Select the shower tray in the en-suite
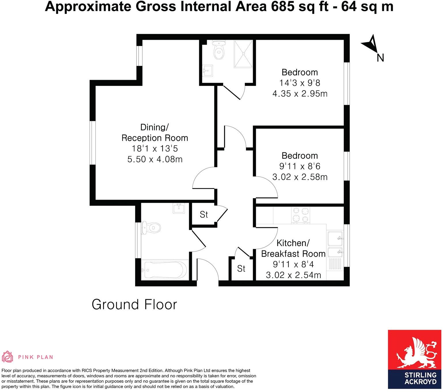click(x=244, y=54)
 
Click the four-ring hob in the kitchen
click(x=300, y=215)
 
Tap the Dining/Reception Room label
click(x=155, y=132)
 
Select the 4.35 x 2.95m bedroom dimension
click(x=300, y=94)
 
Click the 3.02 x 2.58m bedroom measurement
click(x=300, y=177)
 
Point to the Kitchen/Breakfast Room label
click(x=293, y=248)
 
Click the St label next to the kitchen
click(x=241, y=269)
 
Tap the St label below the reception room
click(x=204, y=215)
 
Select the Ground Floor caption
click(x=134, y=304)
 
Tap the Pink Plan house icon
click(x=8, y=357)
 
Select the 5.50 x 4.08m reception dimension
click(x=155, y=159)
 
